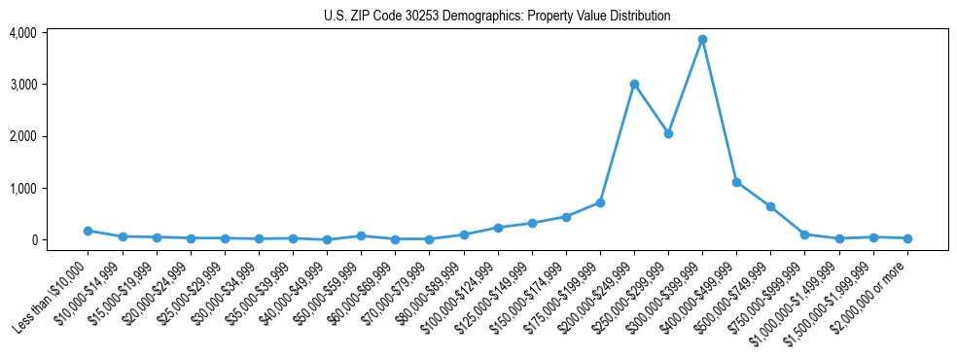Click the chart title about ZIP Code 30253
497,17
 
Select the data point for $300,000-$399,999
702,40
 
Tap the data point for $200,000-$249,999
634,84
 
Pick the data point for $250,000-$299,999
668,133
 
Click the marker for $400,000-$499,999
736,182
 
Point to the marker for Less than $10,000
88,231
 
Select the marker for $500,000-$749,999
770,206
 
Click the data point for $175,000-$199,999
600,202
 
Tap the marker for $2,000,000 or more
907,238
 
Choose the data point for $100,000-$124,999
498,228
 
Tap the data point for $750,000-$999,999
804,234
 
